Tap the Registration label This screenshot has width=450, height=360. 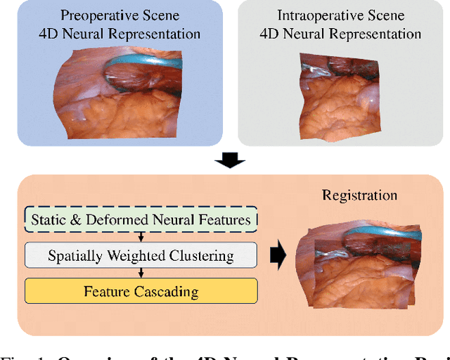(359, 195)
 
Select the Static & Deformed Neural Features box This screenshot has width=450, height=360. (141, 220)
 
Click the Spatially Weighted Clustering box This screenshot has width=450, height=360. (141, 255)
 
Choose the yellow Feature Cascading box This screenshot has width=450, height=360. (141, 291)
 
